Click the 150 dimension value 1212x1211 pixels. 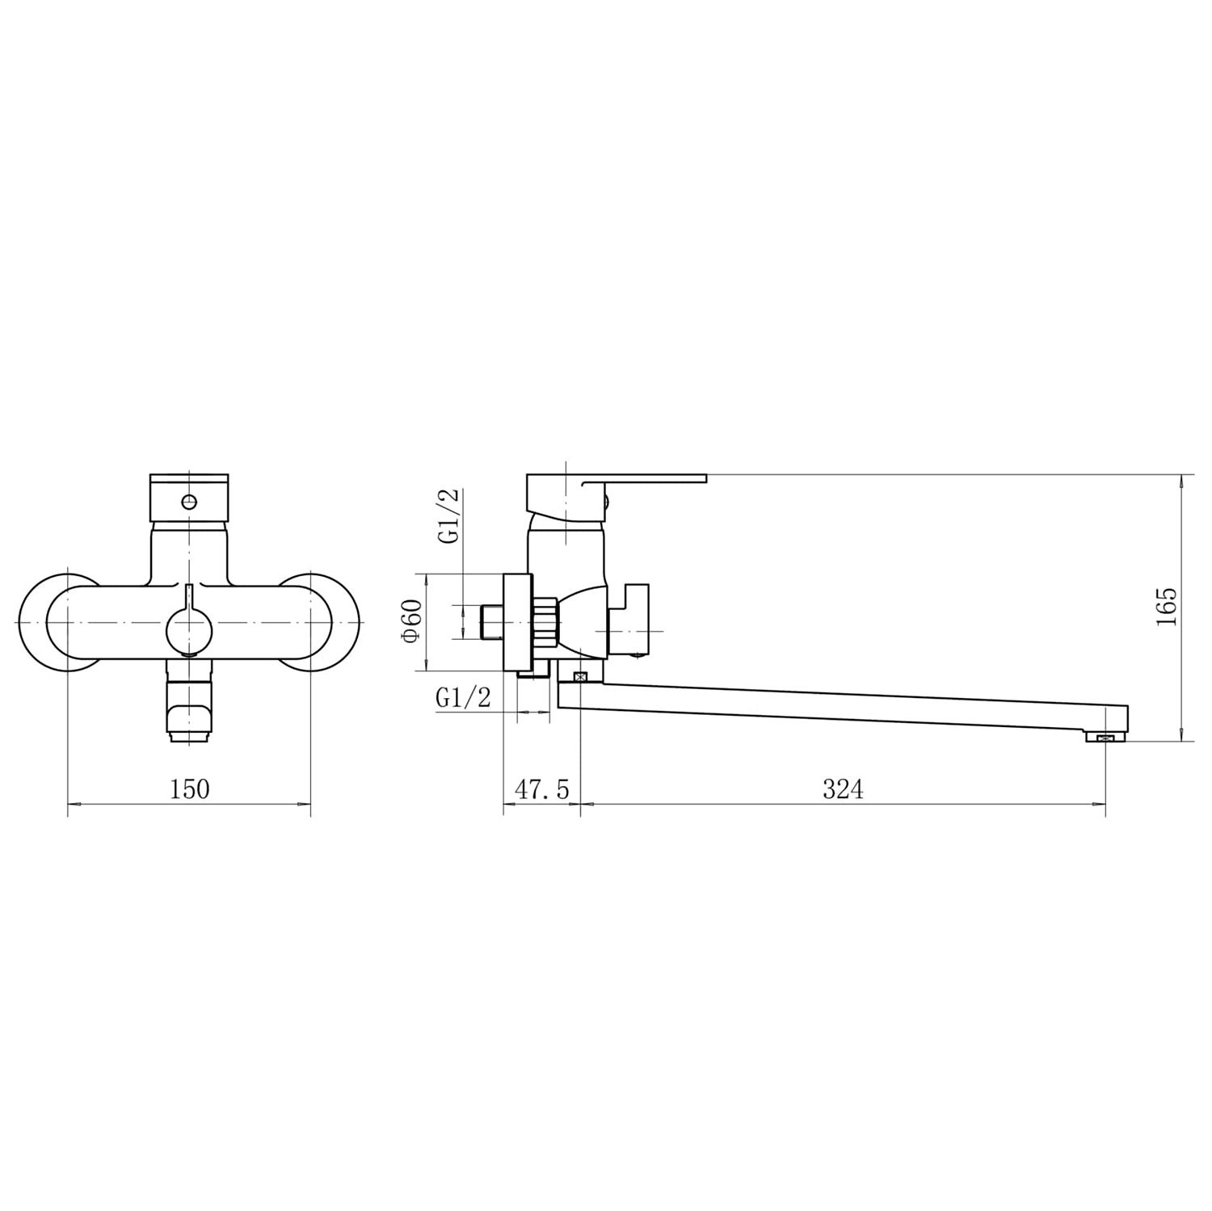(x=189, y=788)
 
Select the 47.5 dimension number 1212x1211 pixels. (x=542, y=788)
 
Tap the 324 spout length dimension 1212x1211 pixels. (x=843, y=788)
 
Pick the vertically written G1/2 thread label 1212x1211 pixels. (x=449, y=517)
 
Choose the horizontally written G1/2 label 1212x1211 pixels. (x=463, y=697)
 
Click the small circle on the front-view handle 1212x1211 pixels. (x=189, y=502)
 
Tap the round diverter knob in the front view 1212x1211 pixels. (x=189, y=630)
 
